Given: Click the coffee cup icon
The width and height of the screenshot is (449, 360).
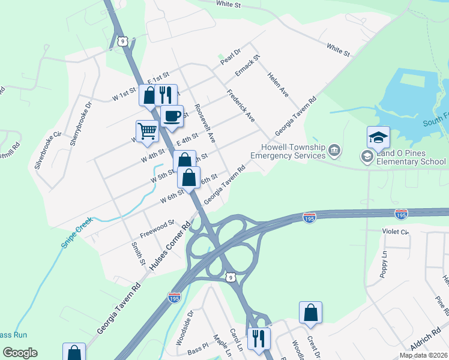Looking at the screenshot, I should point(172,116).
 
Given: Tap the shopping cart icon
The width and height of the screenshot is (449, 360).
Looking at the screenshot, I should point(147,130).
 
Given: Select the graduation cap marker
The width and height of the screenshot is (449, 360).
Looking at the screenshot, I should point(378,137).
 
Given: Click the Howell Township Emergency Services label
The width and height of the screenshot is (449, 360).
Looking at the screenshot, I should point(288,151).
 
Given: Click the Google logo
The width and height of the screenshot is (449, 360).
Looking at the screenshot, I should point(20,353).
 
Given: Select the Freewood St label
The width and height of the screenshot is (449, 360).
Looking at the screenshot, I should point(157,224).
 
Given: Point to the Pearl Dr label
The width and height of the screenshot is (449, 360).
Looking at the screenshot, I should point(230,58).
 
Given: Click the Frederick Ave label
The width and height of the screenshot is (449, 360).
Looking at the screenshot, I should point(241,106).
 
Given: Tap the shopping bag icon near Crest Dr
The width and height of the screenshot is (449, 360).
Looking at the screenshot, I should point(310,312).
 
